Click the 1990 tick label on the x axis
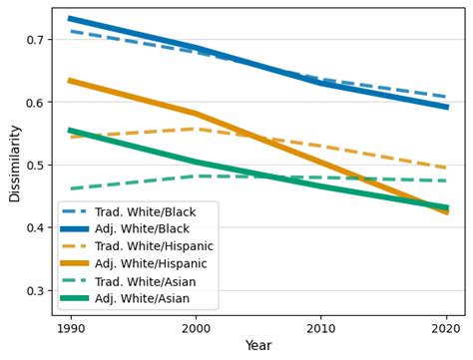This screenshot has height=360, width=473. click(x=70, y=327)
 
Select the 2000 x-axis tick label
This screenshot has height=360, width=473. click(x=196, y=327)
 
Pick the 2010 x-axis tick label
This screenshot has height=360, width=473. click(x=321, y=327)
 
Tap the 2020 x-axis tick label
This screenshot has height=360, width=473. click(x=447, y=327)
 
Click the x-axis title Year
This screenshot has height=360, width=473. click(x=258, y=346)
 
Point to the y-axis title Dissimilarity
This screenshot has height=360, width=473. click(x=14, y=164)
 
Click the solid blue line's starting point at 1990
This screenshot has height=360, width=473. click(x=70, y=18)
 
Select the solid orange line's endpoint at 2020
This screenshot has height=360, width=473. click(x=447, y=212)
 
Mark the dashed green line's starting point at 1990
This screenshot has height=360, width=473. click(x=70, y=188)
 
